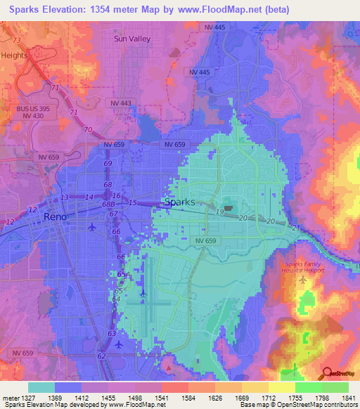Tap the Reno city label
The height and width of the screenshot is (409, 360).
point(56,218)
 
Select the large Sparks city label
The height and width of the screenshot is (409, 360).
point(179,202)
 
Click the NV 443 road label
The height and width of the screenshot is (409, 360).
point(121,103)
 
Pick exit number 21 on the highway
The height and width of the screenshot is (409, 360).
point(295,228)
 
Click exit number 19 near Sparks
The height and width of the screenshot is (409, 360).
point(220,212)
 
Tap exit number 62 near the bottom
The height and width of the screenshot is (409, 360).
point(103,357)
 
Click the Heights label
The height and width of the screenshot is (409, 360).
point(14,55)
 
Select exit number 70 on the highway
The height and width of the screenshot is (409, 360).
point(88,130)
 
